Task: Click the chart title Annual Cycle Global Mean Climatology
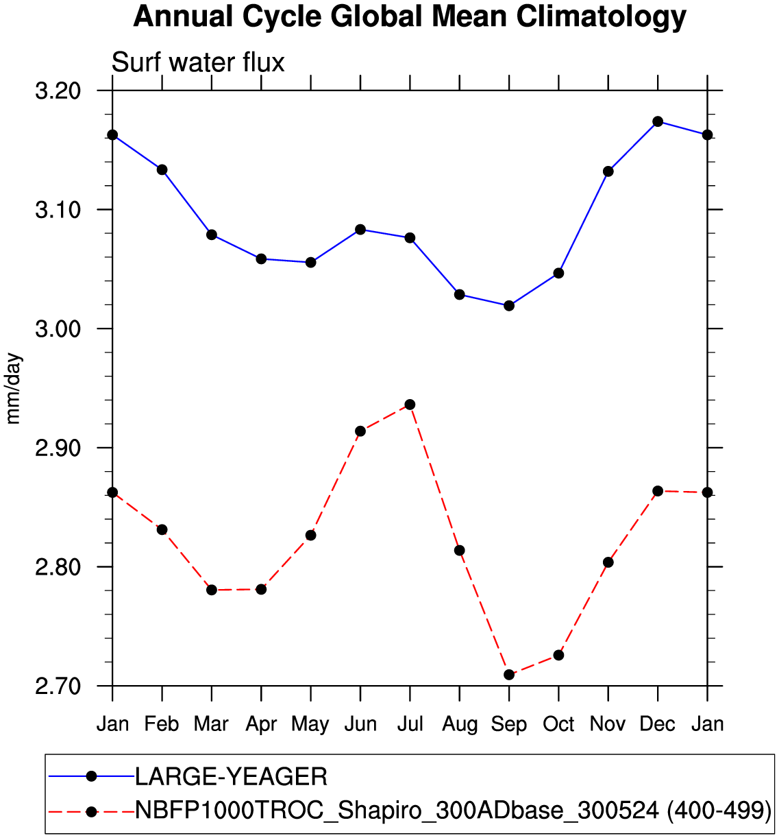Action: [410, 17]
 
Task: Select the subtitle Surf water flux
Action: [198, 62]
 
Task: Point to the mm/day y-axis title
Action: [14, 388]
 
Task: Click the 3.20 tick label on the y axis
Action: [58, 91]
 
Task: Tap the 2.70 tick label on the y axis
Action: [58, 686]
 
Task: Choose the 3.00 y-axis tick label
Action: [58, 328]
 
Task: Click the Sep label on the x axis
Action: [509, 724]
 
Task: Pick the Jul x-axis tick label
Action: [410, 724]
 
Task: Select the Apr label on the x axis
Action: [261, 724]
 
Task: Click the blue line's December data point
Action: [658, 121]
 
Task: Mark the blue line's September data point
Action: [509, 306]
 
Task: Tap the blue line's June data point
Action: [360, 229]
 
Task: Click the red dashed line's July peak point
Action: [410, 405]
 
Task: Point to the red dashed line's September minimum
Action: [509, 675]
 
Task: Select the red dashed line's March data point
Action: [212, 590]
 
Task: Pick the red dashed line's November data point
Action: [608, 562]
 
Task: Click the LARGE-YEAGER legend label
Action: [231, 777]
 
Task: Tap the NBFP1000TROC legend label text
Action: [453, 811]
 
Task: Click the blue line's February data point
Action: [162, 169]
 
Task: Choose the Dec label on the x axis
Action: [658, 724]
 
